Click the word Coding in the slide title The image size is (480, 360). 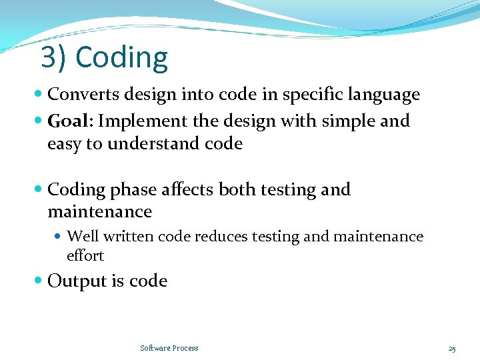coord(122,58)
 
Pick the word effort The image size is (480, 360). coord(85,256)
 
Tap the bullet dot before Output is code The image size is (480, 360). coord(39,281)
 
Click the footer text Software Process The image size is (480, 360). coord(169,348)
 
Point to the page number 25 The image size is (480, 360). coord(452,348)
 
